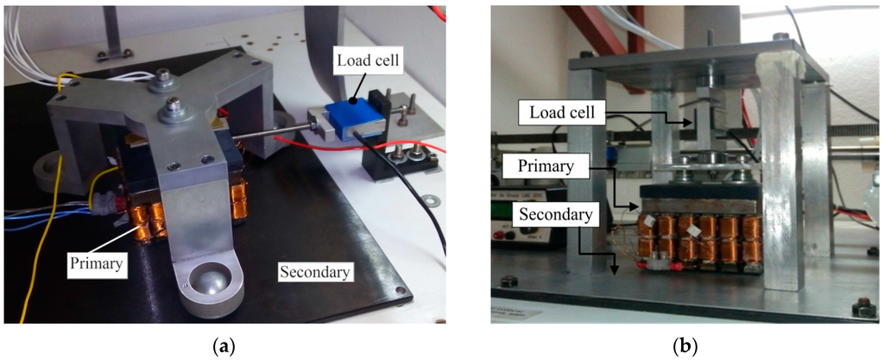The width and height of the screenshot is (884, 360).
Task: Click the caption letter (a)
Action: click(225, 345)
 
